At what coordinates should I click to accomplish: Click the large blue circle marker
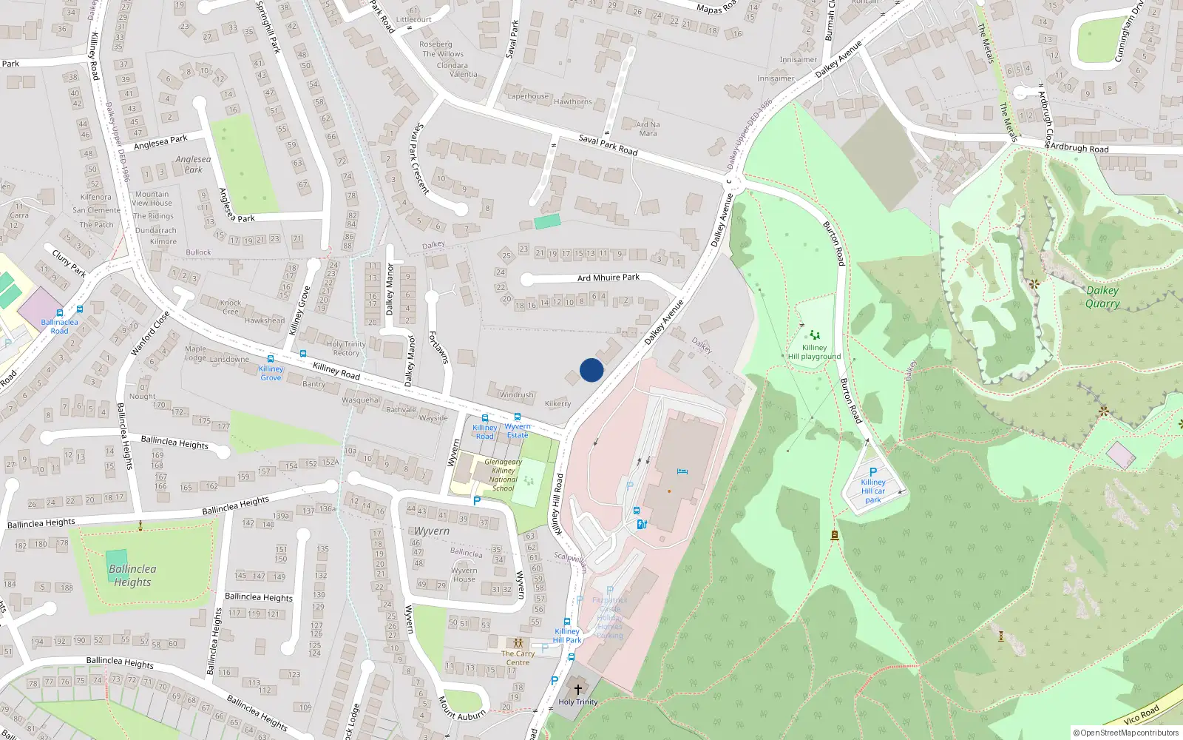(591, 370)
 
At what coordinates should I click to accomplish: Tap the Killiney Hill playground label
(814, 352)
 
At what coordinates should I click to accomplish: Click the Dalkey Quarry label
(1102, 297)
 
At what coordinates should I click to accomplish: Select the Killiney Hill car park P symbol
(873, 472)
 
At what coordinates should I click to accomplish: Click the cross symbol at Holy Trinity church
(578, 689)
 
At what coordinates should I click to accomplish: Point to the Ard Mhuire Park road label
(608, 277)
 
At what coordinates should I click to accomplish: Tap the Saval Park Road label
(608, 144)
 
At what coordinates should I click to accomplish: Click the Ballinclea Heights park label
(132, 576)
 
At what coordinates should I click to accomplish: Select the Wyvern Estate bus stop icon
(518, 417)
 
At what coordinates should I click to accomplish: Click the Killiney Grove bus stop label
(271, 373)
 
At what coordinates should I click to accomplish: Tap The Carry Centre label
(518, 658)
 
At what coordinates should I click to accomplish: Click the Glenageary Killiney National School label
(503, 475)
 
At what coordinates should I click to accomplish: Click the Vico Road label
(1141, 716)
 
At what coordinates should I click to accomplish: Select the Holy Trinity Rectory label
(346, 349)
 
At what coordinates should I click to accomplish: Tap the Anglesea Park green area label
(193, 164)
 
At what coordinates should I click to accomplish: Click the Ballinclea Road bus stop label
(59, 326)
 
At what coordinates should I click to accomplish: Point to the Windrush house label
(516, 394)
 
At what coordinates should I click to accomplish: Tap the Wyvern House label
(464, 574)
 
